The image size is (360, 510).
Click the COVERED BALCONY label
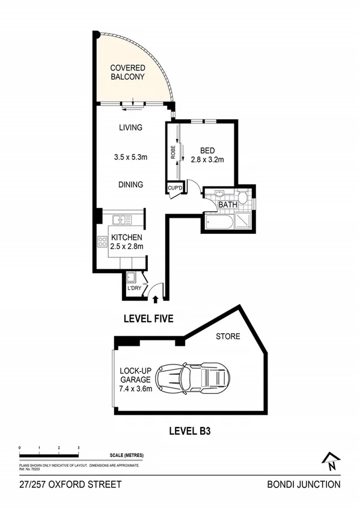tap(127, 72)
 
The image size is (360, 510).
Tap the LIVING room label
tap(130, 127)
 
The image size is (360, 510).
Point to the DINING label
tap(130, 185)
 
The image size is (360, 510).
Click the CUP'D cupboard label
tap(175, 188)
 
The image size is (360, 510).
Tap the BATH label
tap(228, 205)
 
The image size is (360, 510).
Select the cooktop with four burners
tap(102, 243)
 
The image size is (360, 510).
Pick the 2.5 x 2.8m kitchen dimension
tap(126, 247)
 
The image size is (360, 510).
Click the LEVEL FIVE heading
tap(148, 319)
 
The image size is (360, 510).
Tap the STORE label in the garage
tap(228, 337)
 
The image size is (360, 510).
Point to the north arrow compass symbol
tap(330, 461)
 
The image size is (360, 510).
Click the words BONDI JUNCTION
tap(304, 484)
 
